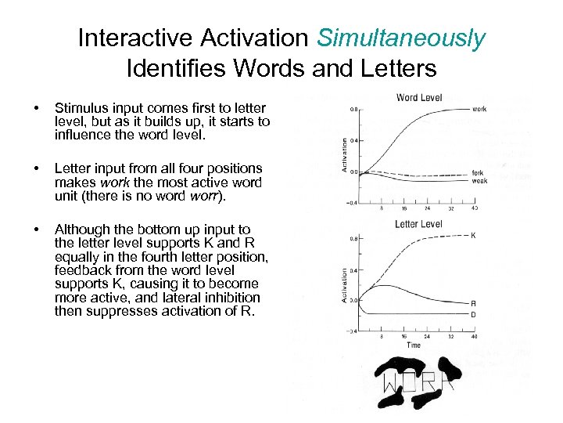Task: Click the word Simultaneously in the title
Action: (401, 38)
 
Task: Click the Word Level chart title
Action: (419, 97)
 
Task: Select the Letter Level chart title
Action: (418, 224)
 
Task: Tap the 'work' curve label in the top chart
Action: (479, 109)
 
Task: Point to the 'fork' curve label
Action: (478, 173)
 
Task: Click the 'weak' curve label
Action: (479, 181)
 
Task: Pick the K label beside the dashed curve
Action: (474, 235)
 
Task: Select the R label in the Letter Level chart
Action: (474, 302)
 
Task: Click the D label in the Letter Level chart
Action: (474, 315)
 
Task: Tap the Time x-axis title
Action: (414, 345)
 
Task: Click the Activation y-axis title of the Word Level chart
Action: (345, 156)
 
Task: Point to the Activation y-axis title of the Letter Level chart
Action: (345, 285)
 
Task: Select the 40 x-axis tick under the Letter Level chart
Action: (475, 336)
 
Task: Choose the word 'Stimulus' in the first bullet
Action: (80, 107)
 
